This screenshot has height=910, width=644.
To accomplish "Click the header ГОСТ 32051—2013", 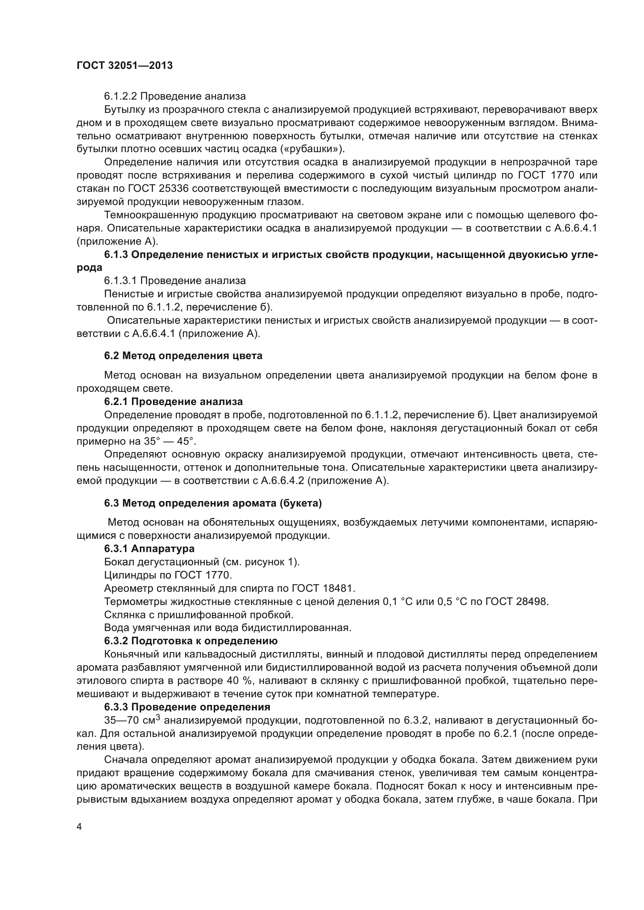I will pos(125,66).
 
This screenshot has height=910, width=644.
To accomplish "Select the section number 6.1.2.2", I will pos(121,96).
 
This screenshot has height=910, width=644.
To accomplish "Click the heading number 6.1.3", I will pos(116,255).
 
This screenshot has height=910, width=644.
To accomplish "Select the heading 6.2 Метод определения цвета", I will pos(183,356).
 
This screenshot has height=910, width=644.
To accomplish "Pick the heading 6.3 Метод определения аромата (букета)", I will pos(213,503).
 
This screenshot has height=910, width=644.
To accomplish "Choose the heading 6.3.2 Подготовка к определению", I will pos(191,641).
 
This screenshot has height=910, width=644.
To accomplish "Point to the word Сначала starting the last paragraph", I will pos(126,760).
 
